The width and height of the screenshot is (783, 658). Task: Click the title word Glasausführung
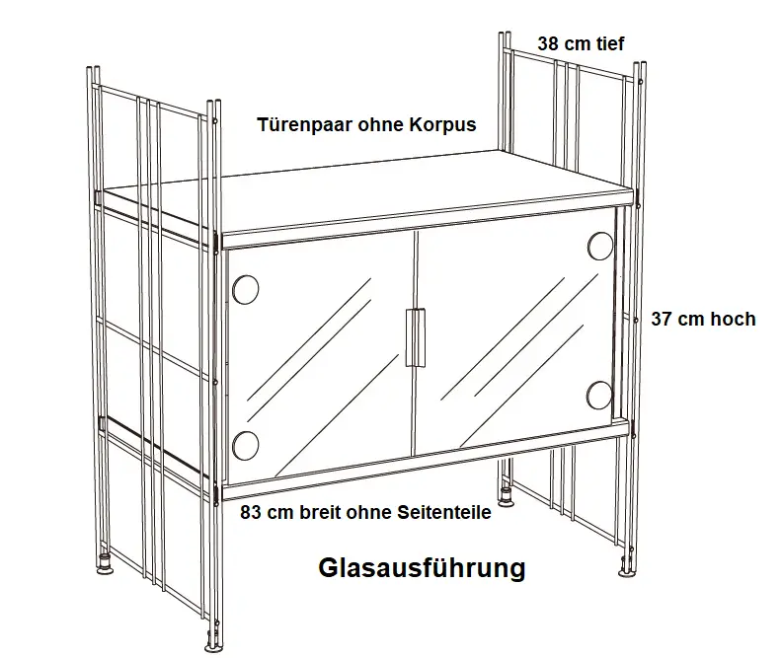point(421,569)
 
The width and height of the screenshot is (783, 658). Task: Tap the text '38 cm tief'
point(581,43)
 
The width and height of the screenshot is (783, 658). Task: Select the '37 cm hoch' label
point(702,319)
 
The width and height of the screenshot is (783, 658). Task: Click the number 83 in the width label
point(252,513)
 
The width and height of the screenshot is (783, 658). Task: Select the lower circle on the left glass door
point(245,443)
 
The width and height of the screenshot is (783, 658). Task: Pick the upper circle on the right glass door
point(600,245)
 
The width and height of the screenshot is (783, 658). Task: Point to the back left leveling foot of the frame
point(103,568)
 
